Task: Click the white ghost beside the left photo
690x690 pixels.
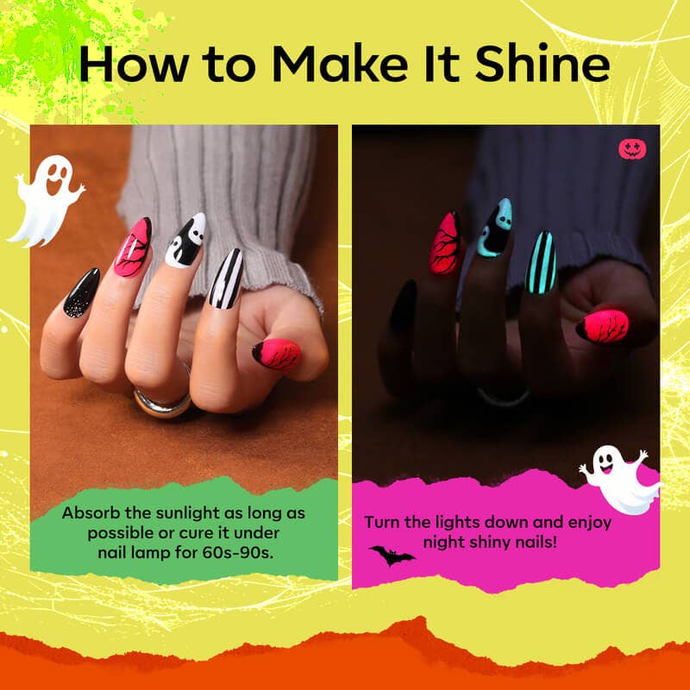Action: point(48,200)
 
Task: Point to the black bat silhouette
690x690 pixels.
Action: point(391,555)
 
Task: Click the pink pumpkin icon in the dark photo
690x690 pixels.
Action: point(632,148)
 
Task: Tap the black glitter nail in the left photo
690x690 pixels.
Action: point(81,293)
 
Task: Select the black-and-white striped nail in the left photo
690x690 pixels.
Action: point(226,279)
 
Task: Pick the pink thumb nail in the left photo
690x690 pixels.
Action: point(277,354)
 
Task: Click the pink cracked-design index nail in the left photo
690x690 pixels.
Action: point(132,248)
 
